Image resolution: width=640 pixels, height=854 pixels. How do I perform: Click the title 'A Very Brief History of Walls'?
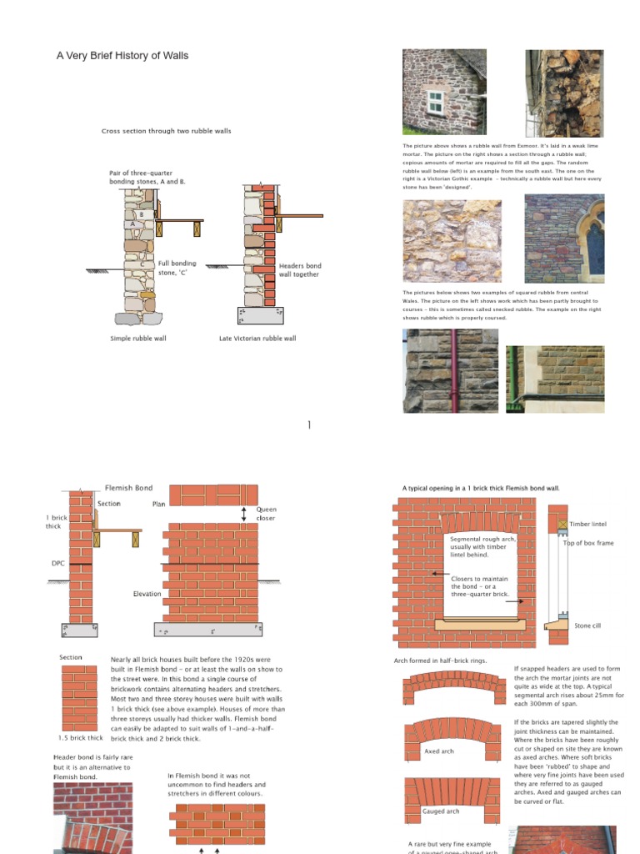(122, 56)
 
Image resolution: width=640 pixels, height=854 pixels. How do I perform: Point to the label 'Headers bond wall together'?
(298, 269)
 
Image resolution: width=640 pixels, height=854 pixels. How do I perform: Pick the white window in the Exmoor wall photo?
(435, 103)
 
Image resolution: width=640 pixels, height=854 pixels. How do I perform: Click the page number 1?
(309, 425)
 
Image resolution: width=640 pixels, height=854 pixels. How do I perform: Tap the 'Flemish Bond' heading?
(128, 487)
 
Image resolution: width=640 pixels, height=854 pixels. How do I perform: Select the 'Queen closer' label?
(266, 514)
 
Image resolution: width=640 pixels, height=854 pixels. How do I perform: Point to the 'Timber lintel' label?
(587, 525)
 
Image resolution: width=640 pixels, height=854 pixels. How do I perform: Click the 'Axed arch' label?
(439, 751)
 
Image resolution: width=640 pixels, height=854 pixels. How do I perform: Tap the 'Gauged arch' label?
(441, 811)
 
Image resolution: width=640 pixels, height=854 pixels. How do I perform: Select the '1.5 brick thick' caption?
(81, 738)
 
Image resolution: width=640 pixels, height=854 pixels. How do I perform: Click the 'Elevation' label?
(147, 594)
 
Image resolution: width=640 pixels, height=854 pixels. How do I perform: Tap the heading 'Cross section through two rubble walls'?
(166, 131)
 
